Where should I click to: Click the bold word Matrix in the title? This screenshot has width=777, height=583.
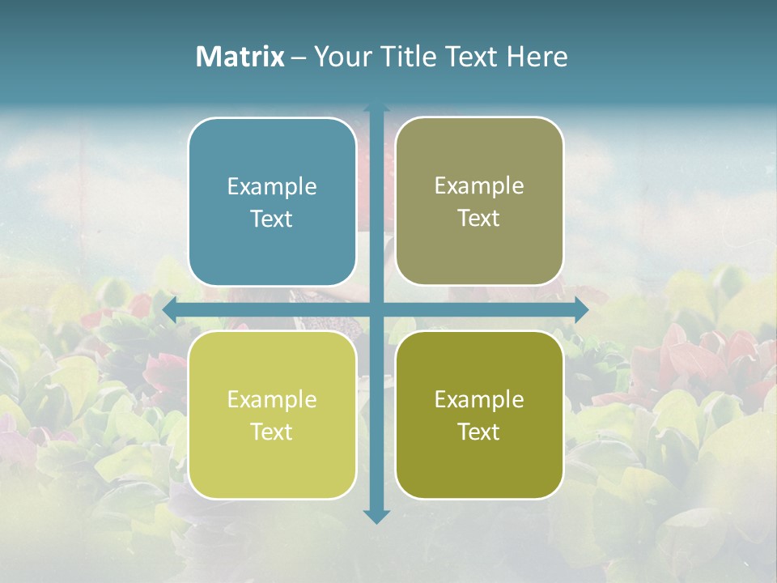(240, 57)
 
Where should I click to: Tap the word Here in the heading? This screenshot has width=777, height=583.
(537, 57)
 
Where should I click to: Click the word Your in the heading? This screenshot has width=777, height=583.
(341, 57)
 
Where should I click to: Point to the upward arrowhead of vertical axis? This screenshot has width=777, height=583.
(376, 109)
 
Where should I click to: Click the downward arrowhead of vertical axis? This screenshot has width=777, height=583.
(376, 517)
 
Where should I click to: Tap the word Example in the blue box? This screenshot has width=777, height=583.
(272, 187)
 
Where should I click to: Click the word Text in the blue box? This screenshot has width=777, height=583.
(272, 219)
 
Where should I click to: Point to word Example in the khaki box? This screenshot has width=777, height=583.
(479, 186)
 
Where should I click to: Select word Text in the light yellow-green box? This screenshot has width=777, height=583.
(272, 432)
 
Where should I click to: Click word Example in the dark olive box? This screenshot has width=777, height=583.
(479, 400)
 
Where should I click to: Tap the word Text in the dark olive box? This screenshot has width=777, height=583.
(479, 432)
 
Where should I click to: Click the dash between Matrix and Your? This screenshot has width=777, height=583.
(298, 57)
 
